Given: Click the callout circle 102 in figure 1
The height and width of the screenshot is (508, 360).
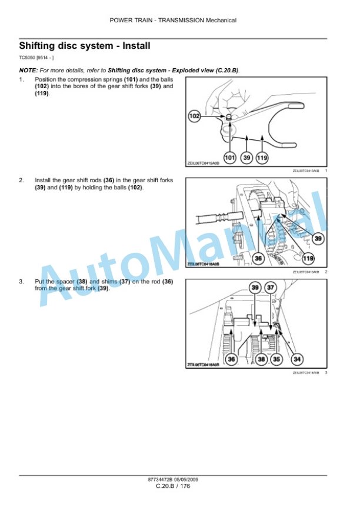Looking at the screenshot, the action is (x=195, y=116).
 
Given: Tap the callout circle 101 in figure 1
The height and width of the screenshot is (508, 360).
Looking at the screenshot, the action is (x=230, y=158).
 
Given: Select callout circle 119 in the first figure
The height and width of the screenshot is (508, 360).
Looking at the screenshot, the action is (x=262, y=158).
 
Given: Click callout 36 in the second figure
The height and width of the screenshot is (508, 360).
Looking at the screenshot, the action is (x=258, y=258).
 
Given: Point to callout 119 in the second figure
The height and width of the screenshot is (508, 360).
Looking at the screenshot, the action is (x=308, y=258).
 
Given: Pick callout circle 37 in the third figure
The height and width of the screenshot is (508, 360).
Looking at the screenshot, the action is (x=271, y=288).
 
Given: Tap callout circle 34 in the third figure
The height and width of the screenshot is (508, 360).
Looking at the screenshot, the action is (x=297, y=359).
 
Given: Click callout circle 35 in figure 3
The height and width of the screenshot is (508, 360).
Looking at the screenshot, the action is (x=276, y=359).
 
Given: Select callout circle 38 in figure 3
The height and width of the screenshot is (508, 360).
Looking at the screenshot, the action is (x=261, y=359).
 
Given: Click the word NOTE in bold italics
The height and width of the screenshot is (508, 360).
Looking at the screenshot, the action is (x=28, y=71).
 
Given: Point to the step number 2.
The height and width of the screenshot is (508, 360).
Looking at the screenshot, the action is (x=21, y=180).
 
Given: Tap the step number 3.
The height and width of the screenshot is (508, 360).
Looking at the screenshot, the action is (x=21, y=282).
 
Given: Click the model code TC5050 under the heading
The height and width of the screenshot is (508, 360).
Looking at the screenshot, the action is (x=27, y=58).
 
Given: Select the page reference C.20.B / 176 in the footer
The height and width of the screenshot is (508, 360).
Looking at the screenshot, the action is (x=173, y=486).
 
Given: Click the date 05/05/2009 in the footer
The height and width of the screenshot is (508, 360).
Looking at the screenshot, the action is (x=186, y=480).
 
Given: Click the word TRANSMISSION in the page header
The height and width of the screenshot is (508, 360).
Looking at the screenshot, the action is (x=181, y=21).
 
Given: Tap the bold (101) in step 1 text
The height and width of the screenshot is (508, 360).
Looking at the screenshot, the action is (x=131, y=79).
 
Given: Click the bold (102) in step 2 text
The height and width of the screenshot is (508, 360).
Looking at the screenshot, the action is (x=135, y=187).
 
